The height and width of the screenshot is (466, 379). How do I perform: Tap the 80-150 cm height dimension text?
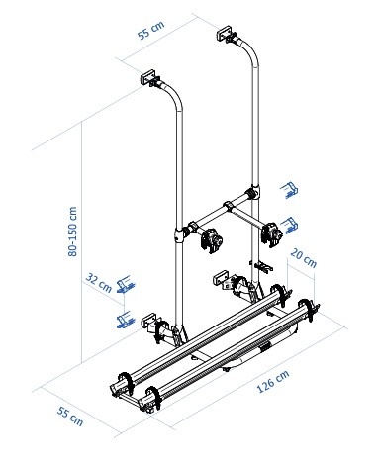click(69, 229)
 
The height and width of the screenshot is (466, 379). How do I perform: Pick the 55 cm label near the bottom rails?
click(70, 417)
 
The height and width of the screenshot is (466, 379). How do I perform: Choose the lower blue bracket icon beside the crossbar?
click(289, 222)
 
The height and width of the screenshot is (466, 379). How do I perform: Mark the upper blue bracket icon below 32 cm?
click(125, 286)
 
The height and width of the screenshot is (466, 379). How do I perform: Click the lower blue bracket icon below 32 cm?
click(125, 319)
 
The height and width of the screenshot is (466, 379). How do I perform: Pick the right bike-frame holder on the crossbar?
click(270, 231)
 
